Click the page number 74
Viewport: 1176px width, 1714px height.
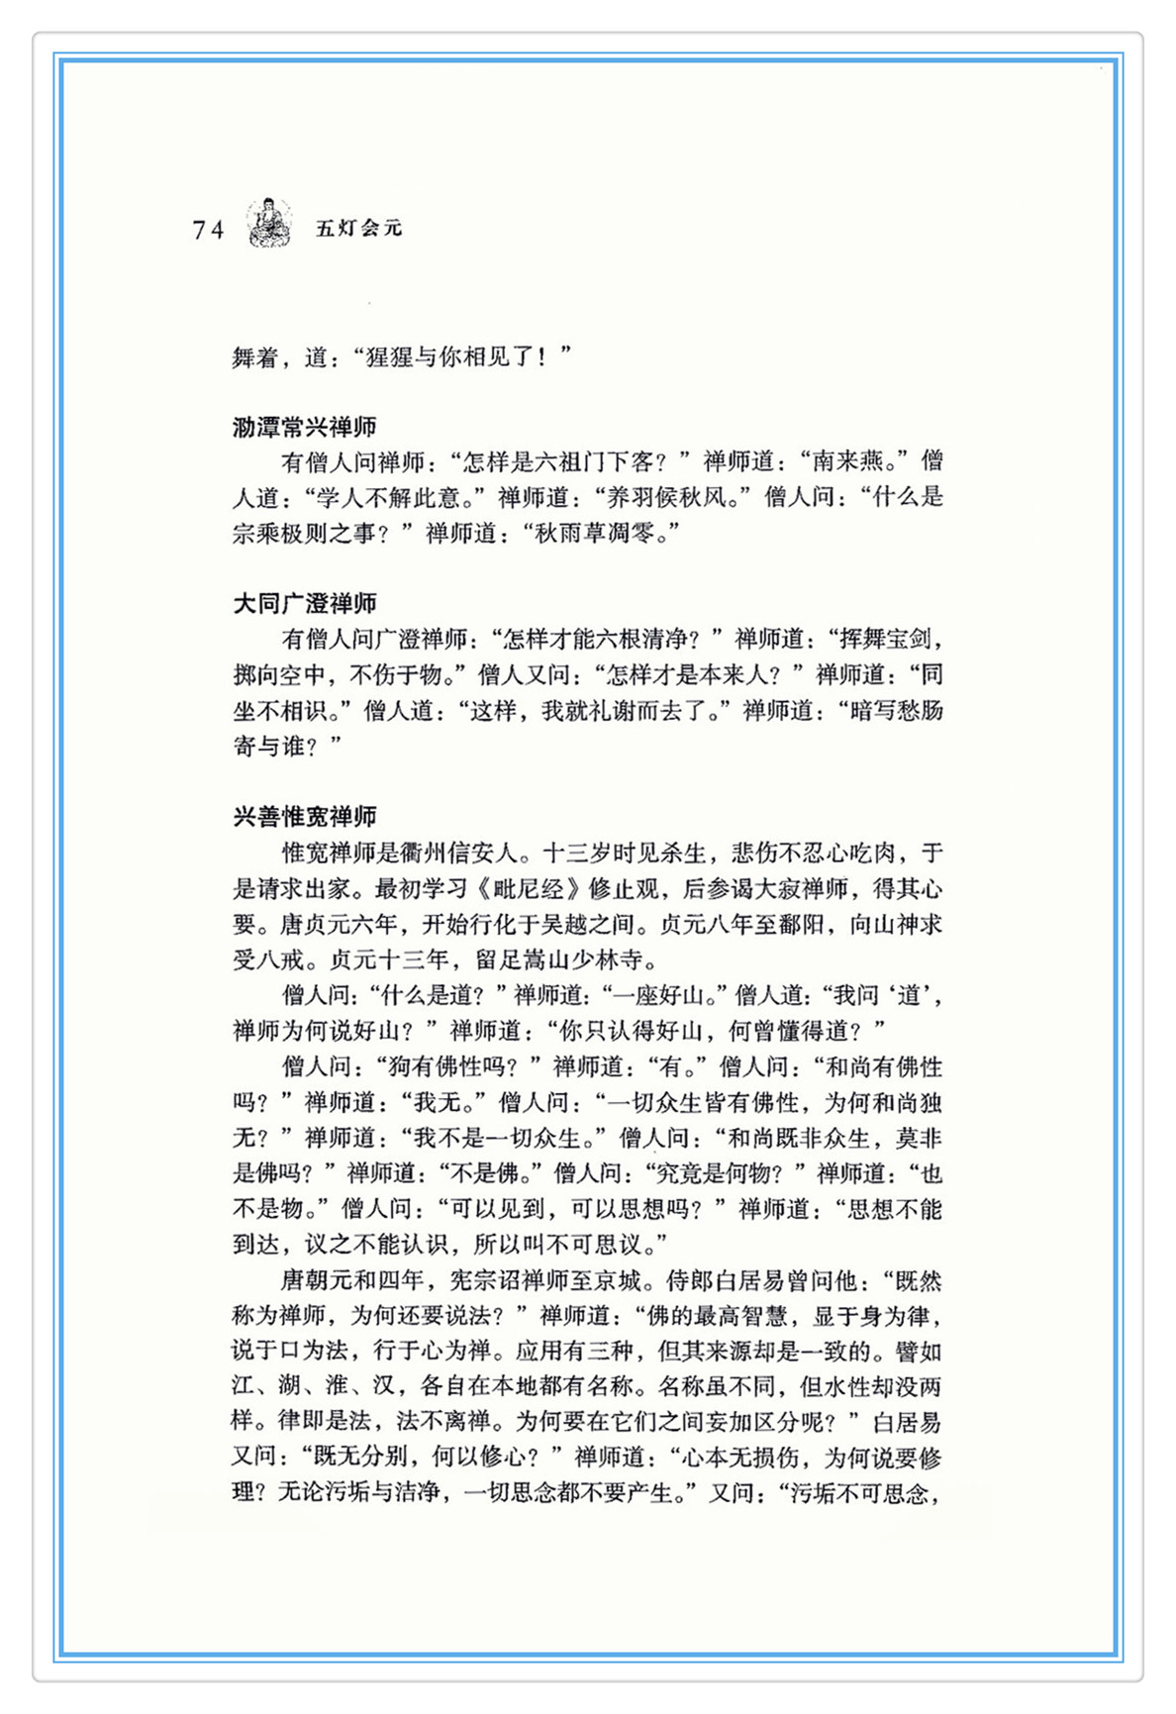(x=208, y=230)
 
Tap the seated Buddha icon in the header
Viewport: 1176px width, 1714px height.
(x=268, y=223)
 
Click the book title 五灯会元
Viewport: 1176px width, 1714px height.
(x=358, y=228)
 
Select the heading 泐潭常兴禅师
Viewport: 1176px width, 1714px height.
(x=304, y=427)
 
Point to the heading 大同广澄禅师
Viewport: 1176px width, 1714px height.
(x=304, y=603)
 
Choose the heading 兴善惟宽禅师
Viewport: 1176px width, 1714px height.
(x=304, y=817)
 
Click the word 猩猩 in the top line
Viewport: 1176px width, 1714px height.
(x=390, y=356)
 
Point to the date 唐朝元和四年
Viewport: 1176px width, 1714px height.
(x=353, y=1280)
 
